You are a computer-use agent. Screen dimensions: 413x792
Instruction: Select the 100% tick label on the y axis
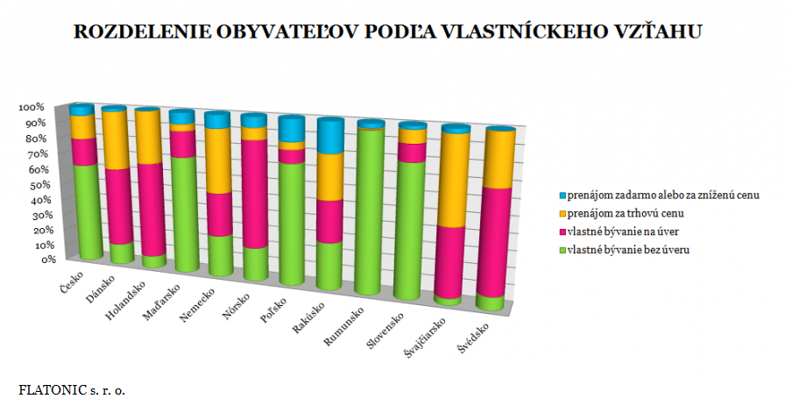click(x=32, y=107)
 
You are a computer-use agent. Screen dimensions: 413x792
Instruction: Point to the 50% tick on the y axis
click(x=32, y=185)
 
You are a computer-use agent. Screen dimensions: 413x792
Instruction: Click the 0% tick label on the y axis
click(x=35, y=260)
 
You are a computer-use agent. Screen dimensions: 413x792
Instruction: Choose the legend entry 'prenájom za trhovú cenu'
click(x=625, y=213)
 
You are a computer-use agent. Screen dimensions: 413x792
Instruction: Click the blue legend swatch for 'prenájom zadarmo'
click(x=562, y=195)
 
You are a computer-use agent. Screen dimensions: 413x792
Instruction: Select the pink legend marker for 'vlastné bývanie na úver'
click(x=562, y=231)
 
